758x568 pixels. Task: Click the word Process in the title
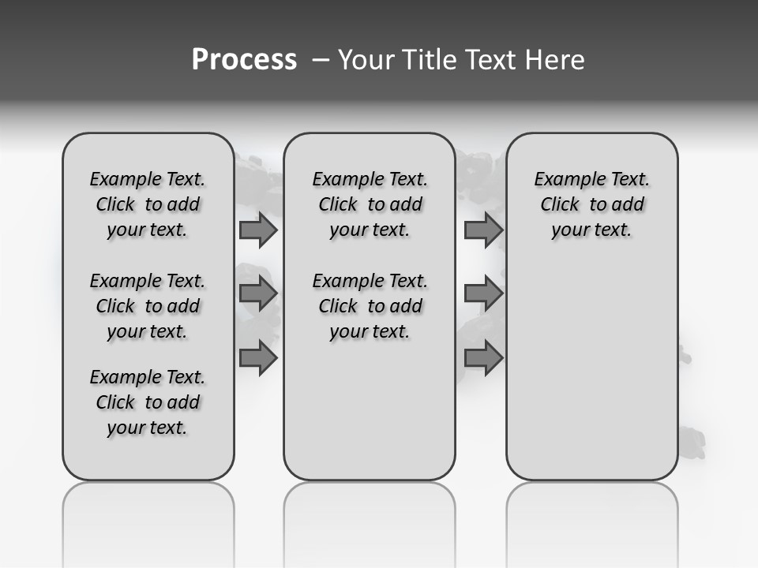tap(244, 60)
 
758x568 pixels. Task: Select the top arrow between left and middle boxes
tap(258, 230)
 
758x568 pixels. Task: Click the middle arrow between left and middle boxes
tap(258, 294)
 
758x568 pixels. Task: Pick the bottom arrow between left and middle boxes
tap(258, 358)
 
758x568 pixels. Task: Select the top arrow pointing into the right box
tap(483, 230)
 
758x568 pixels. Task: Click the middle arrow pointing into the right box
tap(483, 294)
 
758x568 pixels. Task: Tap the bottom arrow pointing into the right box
tap(483, 358)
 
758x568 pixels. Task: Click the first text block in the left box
tap(148, 204)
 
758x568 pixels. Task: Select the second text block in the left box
tap(148, 306)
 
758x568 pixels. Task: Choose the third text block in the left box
tap(148, 402)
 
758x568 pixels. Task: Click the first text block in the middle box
tap(370, 204)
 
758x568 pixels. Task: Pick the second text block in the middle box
tap(370, 306)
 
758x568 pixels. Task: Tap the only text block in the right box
tap(591, 204)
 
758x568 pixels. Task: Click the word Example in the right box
tap(565, 179)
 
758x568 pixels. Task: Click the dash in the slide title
tap(321, 60)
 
